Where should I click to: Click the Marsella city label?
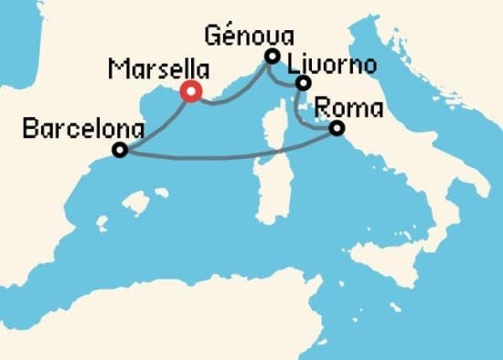click(x=157, y=69)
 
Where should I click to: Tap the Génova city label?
click(x=250, y=37)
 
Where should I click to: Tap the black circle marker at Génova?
click(x=272, y=57)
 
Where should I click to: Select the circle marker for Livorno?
click(x=302, y=84)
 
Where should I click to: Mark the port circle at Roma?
click(x=337, y=129)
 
